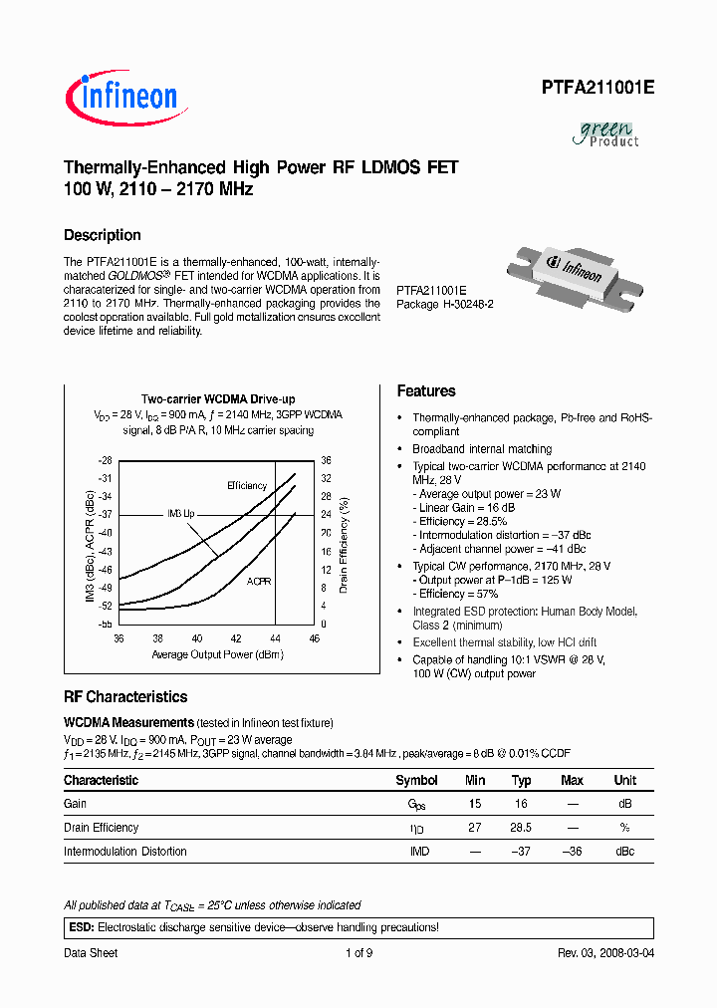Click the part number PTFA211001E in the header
coord(597,88)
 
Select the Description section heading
coord(103,235)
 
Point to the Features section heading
coord(426,391)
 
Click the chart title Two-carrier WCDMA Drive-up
coord(218,399)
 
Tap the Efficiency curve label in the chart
coord(247,485)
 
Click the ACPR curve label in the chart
coord(259,580)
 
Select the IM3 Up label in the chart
coord(181,513)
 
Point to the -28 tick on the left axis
coord(106,461)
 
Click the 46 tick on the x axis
coord(315,637)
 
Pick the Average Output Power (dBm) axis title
coord(217,654)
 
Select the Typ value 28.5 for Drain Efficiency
coord(521,828)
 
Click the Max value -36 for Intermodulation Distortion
coord(571,852)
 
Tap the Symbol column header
coord(416,780)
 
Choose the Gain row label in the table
coord(76,804)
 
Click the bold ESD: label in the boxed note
coord(81,927)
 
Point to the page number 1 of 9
coord(358,953)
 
